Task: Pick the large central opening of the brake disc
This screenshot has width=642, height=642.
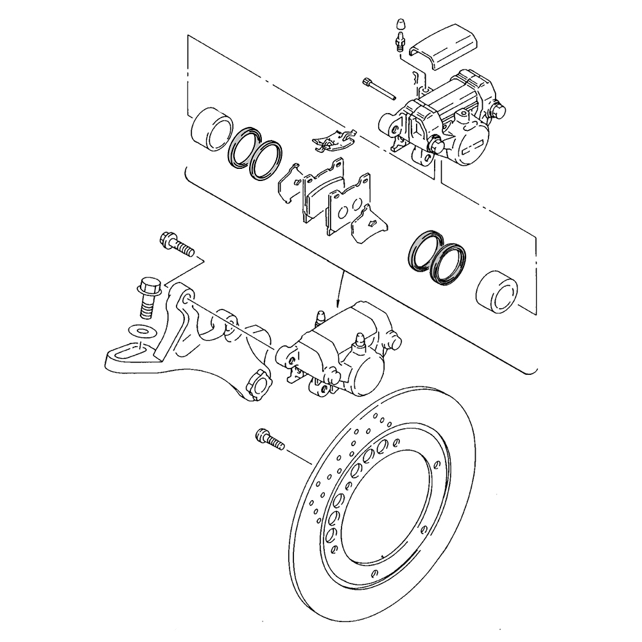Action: [x=385, y=507]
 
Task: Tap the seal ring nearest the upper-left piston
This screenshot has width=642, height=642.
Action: [x=243, y=151]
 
